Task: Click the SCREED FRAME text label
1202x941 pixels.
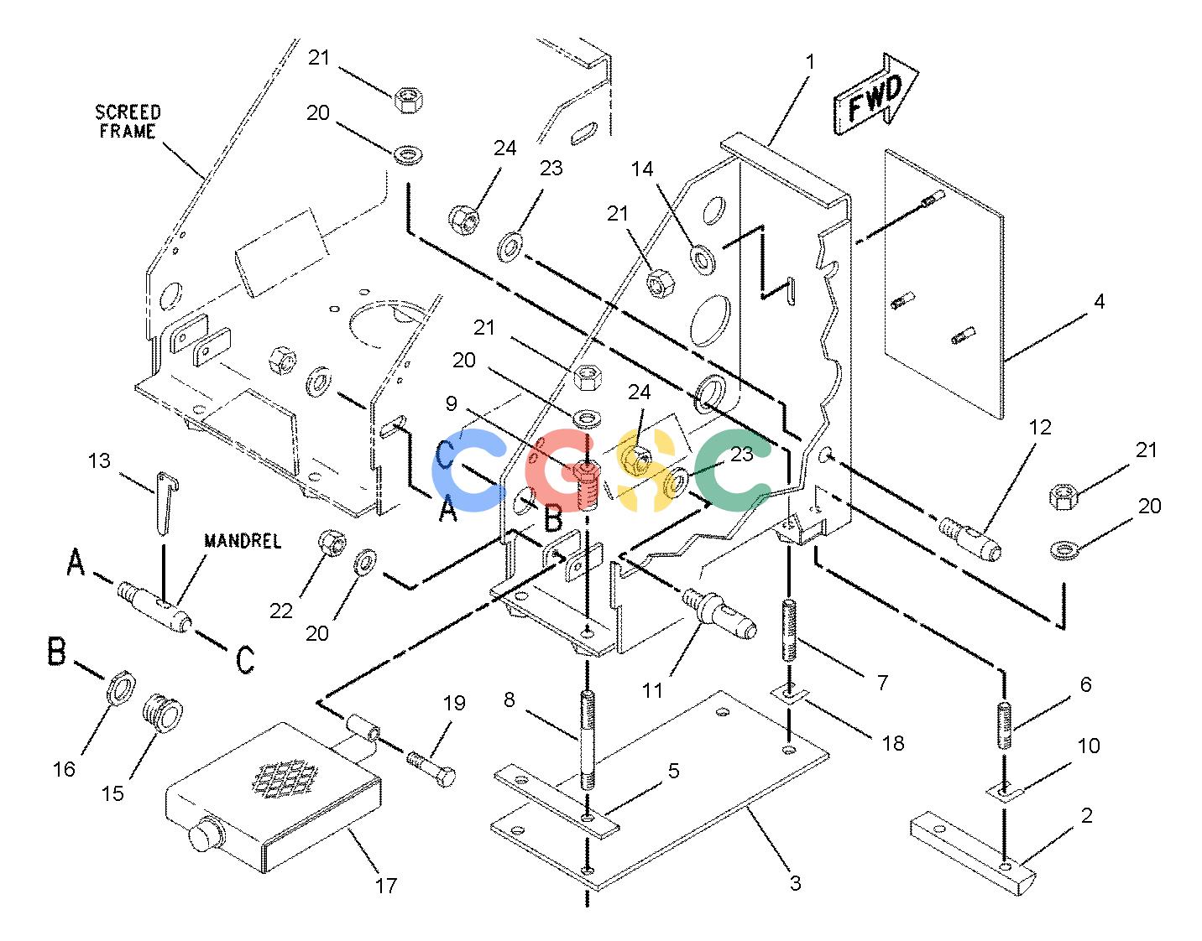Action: point(128,122)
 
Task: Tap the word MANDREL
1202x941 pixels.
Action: point(243,541)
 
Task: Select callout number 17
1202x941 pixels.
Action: point(386,885)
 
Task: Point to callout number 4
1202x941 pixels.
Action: point(1099,301)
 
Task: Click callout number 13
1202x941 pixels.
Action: point(100,460)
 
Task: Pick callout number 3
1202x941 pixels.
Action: point(795,882)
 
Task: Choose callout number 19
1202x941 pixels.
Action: point(453,703)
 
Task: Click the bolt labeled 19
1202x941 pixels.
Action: point(432,768)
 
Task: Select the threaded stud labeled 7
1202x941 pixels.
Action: point(790,630)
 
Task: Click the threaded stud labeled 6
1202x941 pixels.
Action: point(1005,725)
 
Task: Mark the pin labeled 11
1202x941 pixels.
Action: point(719,614)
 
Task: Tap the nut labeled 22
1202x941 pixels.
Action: point(332,543)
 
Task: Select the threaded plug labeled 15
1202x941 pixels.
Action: point(162,713)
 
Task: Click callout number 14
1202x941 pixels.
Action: point(641,169)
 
